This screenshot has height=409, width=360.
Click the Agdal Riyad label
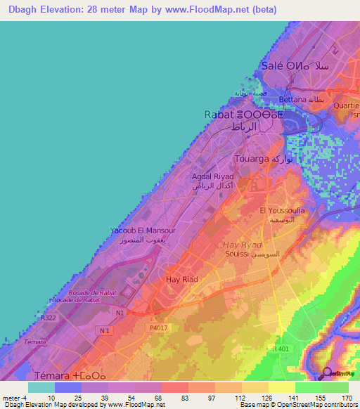213,176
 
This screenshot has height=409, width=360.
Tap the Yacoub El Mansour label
143,231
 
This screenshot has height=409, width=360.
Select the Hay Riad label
181,280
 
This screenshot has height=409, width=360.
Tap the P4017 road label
157,327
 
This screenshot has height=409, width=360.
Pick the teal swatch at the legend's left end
41,387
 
